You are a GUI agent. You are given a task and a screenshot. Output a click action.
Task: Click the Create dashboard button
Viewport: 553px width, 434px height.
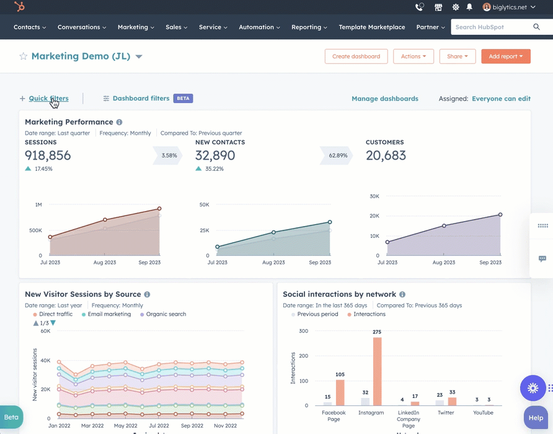click(356, 57)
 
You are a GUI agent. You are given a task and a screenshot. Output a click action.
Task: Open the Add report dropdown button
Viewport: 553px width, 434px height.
click(505, 57)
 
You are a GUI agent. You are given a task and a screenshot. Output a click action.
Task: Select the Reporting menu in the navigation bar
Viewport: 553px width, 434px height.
click(309, 27)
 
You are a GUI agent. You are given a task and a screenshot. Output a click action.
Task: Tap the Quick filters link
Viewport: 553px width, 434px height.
click(48, 98)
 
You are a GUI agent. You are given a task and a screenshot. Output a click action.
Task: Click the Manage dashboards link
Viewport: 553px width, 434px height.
click(384, 99)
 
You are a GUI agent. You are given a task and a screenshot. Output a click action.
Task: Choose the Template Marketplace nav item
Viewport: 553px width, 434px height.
click(371, 27)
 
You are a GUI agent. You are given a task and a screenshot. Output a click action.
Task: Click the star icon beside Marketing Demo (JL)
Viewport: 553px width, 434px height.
click(24, 57)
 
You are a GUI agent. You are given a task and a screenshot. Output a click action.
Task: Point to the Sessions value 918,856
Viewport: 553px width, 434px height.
click(48, 155)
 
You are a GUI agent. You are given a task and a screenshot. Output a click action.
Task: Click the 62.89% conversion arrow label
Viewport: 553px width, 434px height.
click(337, 155)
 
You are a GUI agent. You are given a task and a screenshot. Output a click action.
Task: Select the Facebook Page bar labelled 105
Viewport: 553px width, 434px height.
click(340, 392)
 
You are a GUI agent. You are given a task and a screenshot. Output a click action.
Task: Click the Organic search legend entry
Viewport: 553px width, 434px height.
click(166, 314)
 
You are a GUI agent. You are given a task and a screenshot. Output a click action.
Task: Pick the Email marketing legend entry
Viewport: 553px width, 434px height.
click(108, 314)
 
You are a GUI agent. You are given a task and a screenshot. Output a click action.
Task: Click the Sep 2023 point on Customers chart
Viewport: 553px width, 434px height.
click(500, 215)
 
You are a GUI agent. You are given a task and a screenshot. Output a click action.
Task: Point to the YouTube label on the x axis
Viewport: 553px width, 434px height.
click(483, 412)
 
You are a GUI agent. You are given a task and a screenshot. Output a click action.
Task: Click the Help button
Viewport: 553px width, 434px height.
click(535, 418)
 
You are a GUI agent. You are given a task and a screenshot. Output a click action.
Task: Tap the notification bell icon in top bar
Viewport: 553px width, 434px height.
click(469, 7)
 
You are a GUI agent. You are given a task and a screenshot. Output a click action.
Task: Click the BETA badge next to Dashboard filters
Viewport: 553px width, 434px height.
click(183, 98)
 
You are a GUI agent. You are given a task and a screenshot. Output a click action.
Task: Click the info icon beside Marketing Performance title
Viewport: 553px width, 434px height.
click(119, 122)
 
